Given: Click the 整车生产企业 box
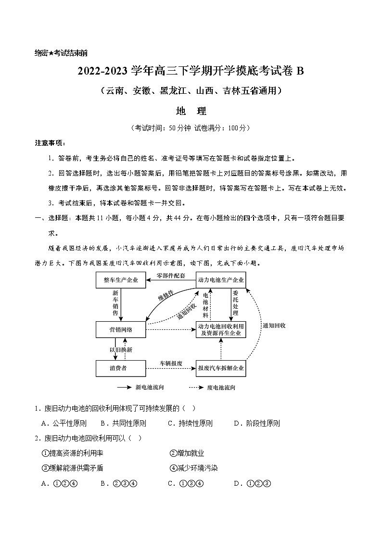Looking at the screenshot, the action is tap(121, 280).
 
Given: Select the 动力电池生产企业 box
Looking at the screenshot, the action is tap(221, 280).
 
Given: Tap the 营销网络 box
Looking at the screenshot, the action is tap(121, 329).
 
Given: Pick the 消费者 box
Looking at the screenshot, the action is tap(121, 368).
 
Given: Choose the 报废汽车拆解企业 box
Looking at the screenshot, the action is tap(221, 368).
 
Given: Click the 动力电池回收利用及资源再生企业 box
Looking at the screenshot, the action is tap(221, 329).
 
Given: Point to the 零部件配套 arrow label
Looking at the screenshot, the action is tap(171, 276).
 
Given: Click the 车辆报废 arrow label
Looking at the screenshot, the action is tap(171, 363).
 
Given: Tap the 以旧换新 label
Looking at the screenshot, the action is tap(121, 349).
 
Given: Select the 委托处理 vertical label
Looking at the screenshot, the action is tap(235, 302).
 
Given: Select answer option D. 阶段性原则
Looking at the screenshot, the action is tap(256, 424).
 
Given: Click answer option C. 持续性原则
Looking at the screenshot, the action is tap(190, 424).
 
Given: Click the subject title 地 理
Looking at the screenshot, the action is tap(191, 111).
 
